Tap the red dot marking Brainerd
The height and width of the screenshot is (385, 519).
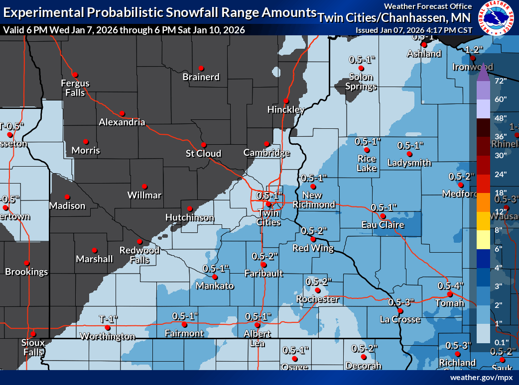point(201,68)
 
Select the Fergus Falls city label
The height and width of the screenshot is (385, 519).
point(75,88)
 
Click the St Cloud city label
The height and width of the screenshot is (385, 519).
point(203,153)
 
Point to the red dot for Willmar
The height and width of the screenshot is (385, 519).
point(144,186)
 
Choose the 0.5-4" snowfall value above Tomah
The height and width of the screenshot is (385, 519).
point(450,286)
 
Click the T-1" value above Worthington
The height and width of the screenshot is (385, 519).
point(108,319)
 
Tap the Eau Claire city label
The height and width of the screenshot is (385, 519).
point(383,225)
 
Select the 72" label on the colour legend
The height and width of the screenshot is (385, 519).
point(500,80)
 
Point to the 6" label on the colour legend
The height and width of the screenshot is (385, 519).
point(500,248)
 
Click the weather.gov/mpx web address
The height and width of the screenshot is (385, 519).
point(481,378)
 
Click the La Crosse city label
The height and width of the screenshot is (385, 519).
point(399,319)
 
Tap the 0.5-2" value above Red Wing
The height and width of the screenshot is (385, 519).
point(314,231)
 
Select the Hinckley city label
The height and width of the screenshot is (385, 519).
point(285,109)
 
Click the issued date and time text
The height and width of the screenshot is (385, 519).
point(413,30)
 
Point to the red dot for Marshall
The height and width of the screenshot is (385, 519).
point(94,250)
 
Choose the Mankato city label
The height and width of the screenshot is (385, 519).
point(215,286)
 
